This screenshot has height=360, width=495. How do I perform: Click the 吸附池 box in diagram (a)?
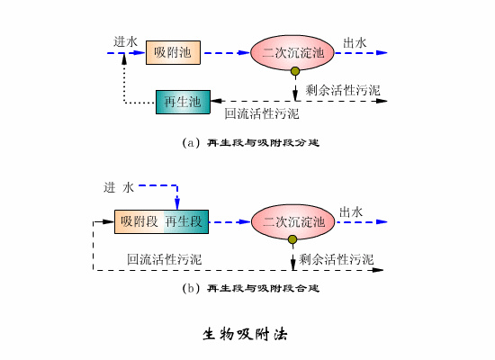pyautogui.click(x=173, y=53)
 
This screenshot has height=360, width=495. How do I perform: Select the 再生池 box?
pyautogui.click(x=183, y=102)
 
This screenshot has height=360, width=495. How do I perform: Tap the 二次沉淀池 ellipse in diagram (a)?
pyautogui.click(x=292, y=53)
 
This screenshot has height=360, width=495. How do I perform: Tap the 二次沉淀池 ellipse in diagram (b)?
pyautogui.click(x=292, y=220)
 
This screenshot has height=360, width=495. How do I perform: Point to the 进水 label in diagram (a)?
pyautogui.click(x=125, y=41)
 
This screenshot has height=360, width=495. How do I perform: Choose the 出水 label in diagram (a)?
pyautogui.click(x=354, y=41)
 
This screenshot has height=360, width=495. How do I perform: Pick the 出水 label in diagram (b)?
pyautogui.click(x=352, y=211)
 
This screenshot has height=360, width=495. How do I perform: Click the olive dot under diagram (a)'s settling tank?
pyautogui.click(x=294, y=71)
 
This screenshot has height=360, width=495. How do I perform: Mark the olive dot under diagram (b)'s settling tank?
pyautogui.click(x=292, y=239)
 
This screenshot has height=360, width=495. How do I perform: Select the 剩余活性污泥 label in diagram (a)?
pyautogui.click(x=343, y=90)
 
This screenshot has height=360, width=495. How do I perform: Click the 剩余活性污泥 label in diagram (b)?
pyautogui.click(x=337, y=259)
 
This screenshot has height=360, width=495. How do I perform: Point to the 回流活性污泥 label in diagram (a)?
pyautogui.click(x=262, y=114)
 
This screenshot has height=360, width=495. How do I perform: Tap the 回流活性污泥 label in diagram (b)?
pyautogui.click(x=165, y=259)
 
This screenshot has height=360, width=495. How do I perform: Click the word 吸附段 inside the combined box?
pyautogui.click(x=139, y=220)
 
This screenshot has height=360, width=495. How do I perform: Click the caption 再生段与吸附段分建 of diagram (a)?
pyautogui.click(x=251, y=142)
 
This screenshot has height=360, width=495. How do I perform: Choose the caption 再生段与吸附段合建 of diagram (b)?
pyautogui.click(x=251, y=289)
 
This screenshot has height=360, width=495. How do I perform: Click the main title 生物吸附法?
pyautogui.click(x=245, y=333)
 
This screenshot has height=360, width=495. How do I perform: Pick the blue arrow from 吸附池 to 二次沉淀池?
pyautogui.click(x=225, y=53)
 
